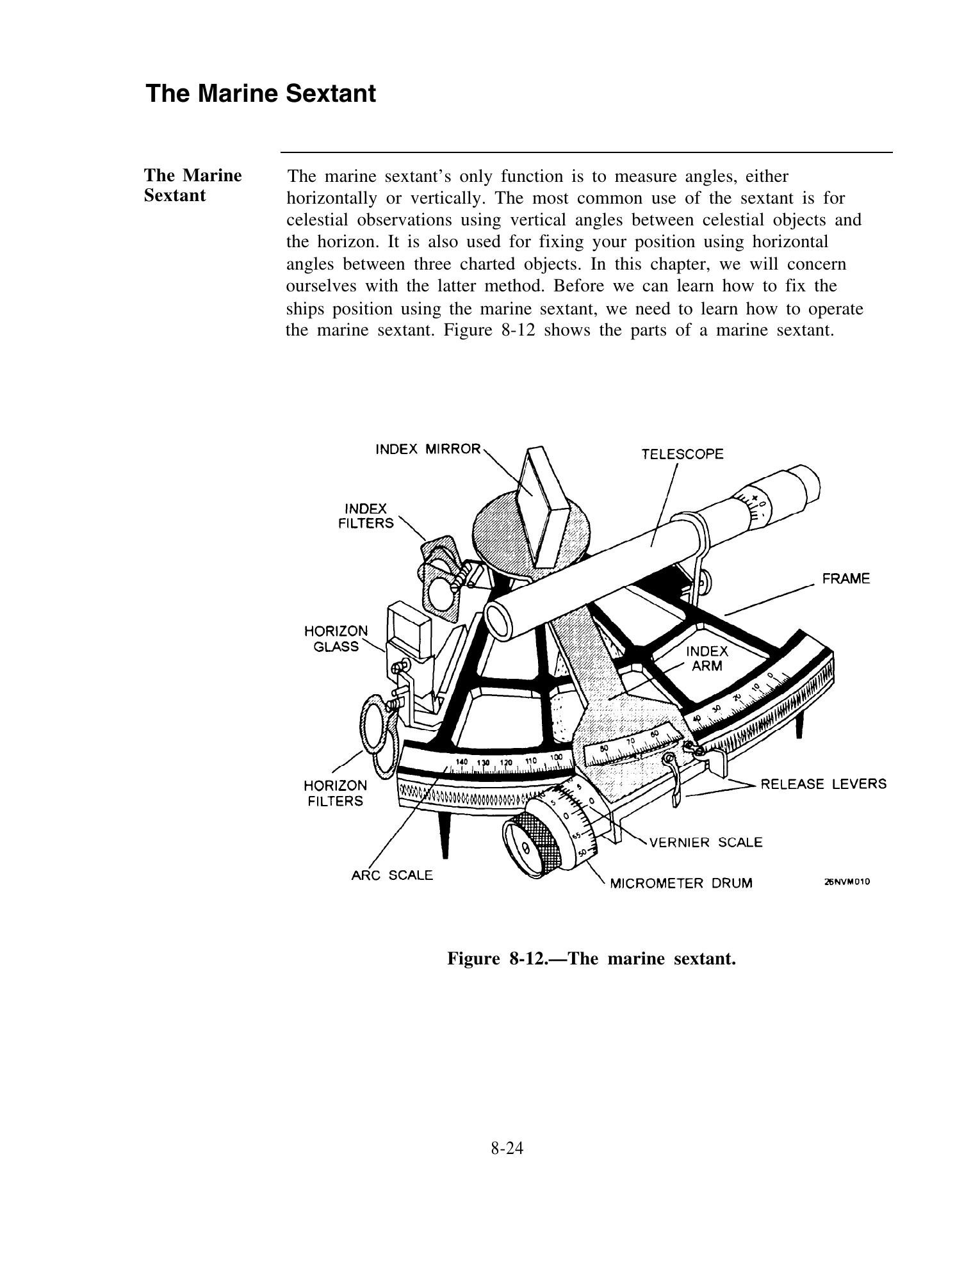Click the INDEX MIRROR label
coord(427,449)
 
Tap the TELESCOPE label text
coord(682,455)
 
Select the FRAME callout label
coord(846,579)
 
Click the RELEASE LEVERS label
coord(823,784)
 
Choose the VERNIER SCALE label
coord(706,842)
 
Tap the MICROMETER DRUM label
coord(681,884)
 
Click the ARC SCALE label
coord(392,875)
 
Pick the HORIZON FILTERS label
coord(335,793)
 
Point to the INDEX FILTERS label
coord(366,516)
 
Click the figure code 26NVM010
coord(847,882)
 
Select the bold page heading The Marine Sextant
coord(261,93)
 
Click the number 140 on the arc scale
coord(461,762)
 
